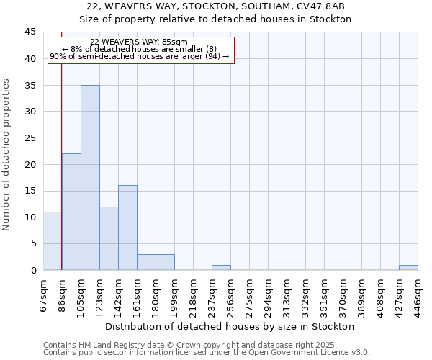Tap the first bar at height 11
pos(52,240)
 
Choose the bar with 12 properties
pos(109,238)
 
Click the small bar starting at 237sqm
pos(221,267)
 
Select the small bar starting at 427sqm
pos(408,267)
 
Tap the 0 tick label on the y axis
pos(33,270)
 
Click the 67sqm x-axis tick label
pos(44,293)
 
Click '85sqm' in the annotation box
pos(175,42)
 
